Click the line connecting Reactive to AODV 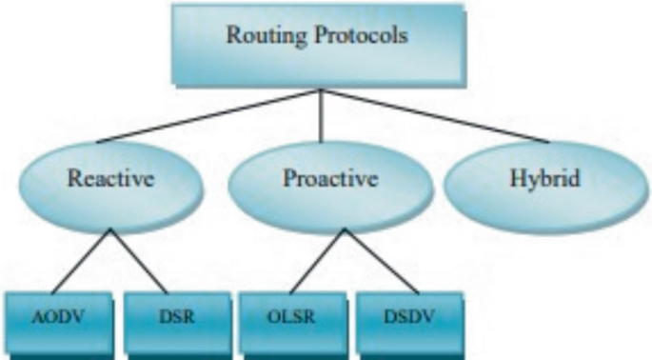[81, 262]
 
